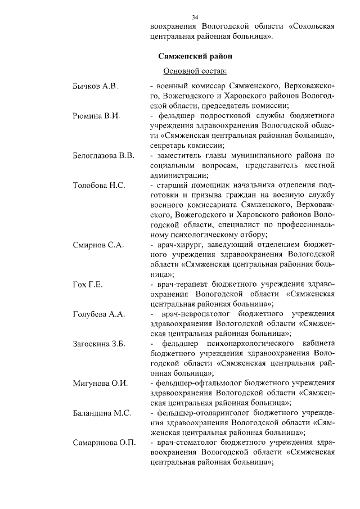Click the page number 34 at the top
coord(195,17)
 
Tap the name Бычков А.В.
coord(96,86)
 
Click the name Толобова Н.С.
coord(99,184)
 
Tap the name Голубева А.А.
coord(98,313)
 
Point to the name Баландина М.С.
coord(102,412)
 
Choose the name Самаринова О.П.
coord(105,442)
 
